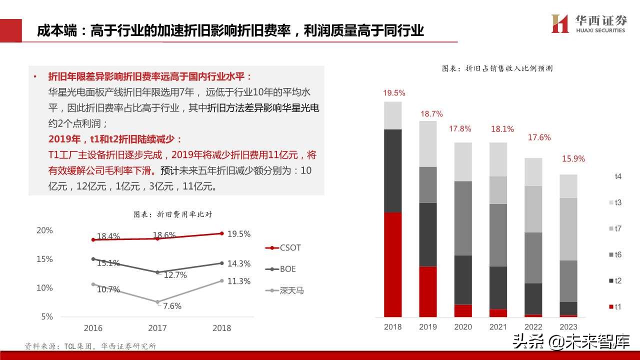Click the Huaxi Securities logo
click(x=588, y=23)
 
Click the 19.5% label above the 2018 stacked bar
click(x=394, y=93)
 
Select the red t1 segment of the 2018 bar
click(x=393, y=264)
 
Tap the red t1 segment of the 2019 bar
click(x=428, y=291)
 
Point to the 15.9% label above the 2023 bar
click(x=573, y=159)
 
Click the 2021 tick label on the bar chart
click(x=498, y=327)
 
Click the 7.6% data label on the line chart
click(x=172, y=306)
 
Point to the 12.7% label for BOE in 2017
click(x=175, y=275)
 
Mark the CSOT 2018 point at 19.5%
click(x=221, y=233)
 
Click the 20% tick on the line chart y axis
click(x=44, y=230)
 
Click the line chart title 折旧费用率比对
click(x=172, y=214)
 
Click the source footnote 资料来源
click(x=90, y=346)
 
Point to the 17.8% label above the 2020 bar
click(x=460, y=128)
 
